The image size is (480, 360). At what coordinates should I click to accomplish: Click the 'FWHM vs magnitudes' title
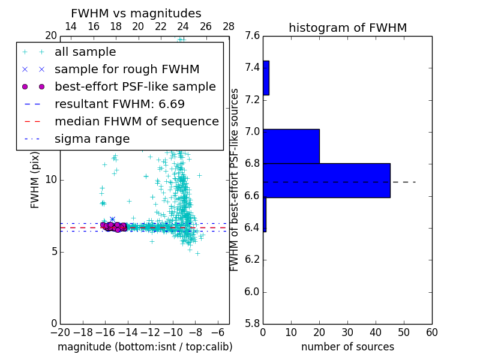click(136, 13)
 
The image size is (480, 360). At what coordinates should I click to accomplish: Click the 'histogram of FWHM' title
click(347, 28)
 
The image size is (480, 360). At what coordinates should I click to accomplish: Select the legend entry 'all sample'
click(85, 52)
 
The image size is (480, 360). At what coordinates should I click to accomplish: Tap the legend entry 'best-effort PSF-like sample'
click(135, 86)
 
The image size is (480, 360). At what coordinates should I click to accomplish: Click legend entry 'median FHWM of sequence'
click(136, 121)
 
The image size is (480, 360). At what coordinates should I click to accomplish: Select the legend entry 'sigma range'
click(92, 139)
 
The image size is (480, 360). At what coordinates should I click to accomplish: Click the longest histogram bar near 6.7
click(326, 180)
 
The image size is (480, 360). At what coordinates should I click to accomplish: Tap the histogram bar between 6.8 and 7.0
click(291, 146)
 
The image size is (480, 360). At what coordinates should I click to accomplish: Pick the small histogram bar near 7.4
click(266, 78)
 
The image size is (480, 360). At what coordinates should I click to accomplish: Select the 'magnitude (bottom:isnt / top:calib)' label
click(145, 347)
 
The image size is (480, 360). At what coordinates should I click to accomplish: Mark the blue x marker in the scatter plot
click(112, 220)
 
